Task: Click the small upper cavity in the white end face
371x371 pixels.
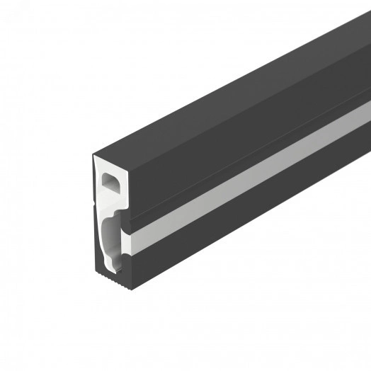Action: [110, 183]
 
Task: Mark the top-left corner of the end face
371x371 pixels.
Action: [93, 155]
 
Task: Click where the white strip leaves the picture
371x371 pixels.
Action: [368, 113]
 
